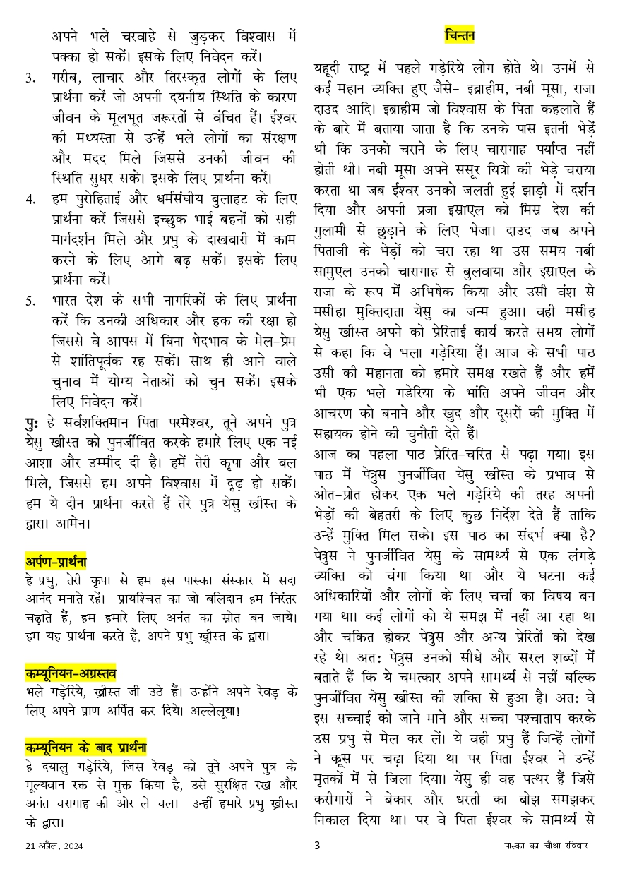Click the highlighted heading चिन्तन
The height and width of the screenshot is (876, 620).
click(460, 35)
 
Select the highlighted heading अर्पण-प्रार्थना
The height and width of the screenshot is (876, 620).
click(55, 562)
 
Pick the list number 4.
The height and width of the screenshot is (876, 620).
click(30, 200)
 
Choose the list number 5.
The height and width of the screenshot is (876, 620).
click(30, 301)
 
